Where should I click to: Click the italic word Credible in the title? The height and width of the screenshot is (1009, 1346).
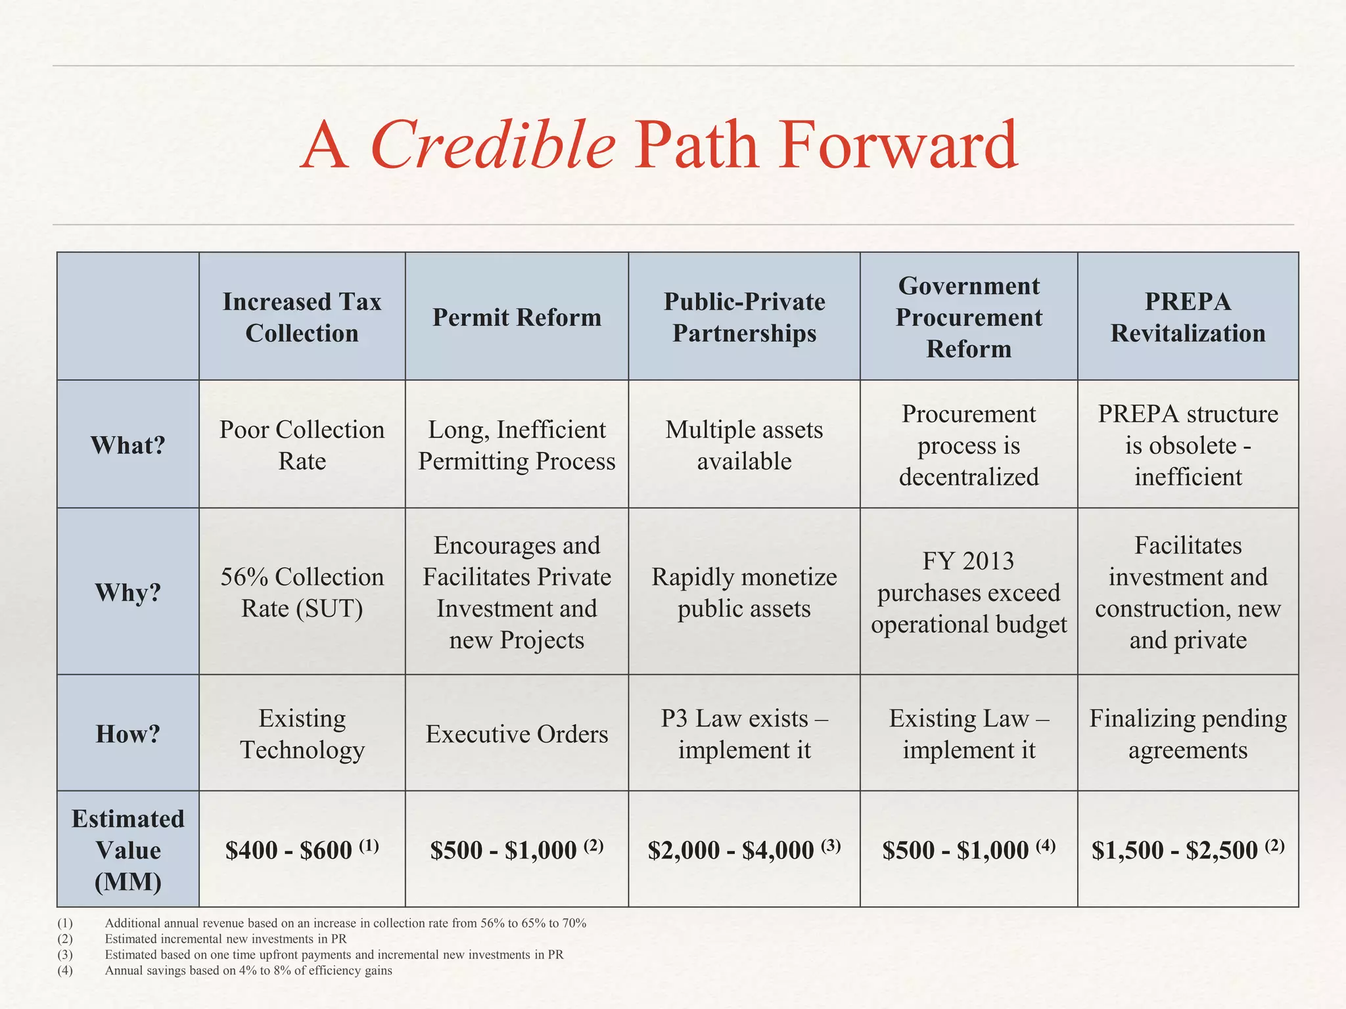tap(493, 145)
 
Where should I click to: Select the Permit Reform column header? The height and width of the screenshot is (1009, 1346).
tap(517, 317)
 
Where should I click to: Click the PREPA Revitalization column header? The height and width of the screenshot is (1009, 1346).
tap(1188, 317)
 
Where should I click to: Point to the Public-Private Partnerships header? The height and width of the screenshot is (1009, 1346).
tap(744, 317)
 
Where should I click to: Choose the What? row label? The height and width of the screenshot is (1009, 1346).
tap(128, 445)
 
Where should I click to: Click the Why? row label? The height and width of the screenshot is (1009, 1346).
tap(128, 593)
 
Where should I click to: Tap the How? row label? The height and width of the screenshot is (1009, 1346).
tap(128, 734)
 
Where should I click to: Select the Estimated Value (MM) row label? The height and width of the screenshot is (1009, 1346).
tap(128, 850)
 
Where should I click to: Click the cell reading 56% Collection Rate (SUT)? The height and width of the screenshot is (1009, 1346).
tap(302, 593)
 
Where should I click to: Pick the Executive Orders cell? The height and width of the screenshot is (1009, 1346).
tap(517, 734)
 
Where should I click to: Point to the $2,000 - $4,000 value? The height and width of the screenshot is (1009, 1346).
tap(744, 850)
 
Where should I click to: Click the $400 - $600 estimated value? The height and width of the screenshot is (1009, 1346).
tap(302, 850)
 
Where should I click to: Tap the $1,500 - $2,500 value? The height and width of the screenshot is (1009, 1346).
tap(1188, 850)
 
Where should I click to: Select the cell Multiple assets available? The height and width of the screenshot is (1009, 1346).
tap(744, 445)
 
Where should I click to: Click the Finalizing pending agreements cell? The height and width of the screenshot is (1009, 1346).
tap(1188, 734)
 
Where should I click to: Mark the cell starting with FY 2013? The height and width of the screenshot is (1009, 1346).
tap(969, 593)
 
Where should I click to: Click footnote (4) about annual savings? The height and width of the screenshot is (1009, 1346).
tap(248, 970)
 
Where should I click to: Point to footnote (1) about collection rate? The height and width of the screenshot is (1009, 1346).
tap(345, 923)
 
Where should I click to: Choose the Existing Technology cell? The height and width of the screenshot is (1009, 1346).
tap(302, 734)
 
